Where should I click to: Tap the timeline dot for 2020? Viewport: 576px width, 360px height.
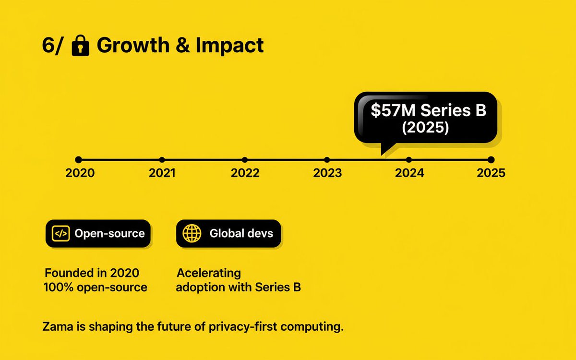pyautogui.click(x=79, y=160)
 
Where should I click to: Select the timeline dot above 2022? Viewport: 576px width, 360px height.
pyautogui.click(x=245, y=160)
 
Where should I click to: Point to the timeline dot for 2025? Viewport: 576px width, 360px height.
pyautogui.click(x=491, y=160)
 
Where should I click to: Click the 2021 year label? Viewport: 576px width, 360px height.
pyautogui.click(x=162, y=173)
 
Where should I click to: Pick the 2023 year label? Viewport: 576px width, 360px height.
pyautogui.click(x=327, y=173)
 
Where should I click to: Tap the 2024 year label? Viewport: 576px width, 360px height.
pyautogui.click(x=409, y=173)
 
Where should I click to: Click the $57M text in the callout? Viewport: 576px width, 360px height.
pyautogui.click(x=393, y=110)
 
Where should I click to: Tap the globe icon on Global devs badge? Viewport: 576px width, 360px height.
pyautogui.click(x=192, y=234)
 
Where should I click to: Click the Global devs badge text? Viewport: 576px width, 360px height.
pyautogui.click(x=241, y=234)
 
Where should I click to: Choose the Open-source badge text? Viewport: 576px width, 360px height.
pyautogui.click(x=109, y=234)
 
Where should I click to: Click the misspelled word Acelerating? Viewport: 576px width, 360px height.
pyautogui.click(x=208, y=273)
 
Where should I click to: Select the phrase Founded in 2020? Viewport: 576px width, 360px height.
pyautogui.click(x=92, y=273)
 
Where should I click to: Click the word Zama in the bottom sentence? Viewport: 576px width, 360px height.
pyautogui.click(x=54, y=328)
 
